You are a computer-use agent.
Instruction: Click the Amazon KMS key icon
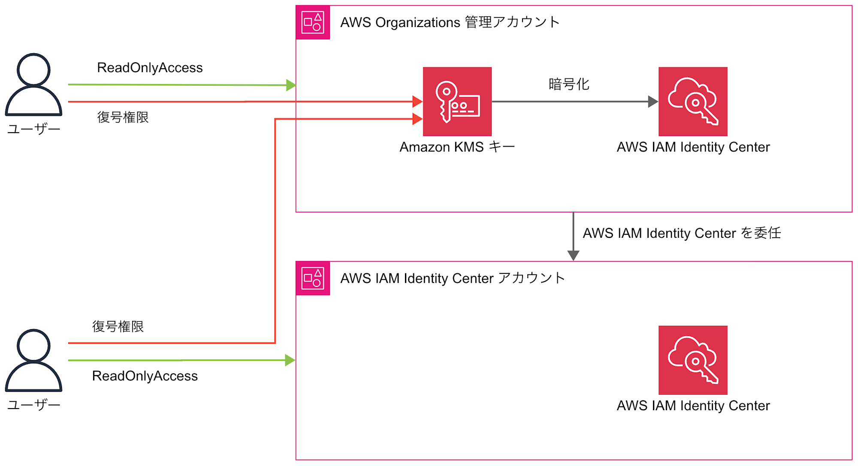[457, 101]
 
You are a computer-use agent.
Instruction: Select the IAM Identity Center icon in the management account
[693, 101]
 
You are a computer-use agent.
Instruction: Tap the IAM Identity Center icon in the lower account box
[693, 360]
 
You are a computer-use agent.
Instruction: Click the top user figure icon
[33, 85]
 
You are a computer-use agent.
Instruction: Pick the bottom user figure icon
[33, 360]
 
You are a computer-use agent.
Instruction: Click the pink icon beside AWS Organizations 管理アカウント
[313, 22]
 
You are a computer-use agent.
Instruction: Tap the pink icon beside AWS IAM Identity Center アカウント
[313, 278]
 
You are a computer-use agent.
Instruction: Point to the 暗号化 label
[569, 84]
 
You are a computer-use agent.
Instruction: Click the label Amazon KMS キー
[457, 147]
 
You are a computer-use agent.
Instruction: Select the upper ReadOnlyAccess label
[150, 68]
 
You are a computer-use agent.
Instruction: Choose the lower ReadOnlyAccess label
[145, 376]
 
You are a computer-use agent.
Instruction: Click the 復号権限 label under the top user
[123, 117]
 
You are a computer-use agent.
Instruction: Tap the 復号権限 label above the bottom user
[118, 327]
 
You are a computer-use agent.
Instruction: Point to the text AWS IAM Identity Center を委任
[682, 233]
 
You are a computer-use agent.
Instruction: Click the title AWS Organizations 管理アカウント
[450, 22]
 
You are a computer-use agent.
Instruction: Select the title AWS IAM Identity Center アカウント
[453, 278]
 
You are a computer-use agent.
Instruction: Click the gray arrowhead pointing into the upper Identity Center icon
[653, 102]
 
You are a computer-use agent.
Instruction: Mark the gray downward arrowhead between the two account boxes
[573, 256]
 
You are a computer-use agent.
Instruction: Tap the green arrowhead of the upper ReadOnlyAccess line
[291, 85]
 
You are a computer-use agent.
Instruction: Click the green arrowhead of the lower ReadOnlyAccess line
[290, 360]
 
